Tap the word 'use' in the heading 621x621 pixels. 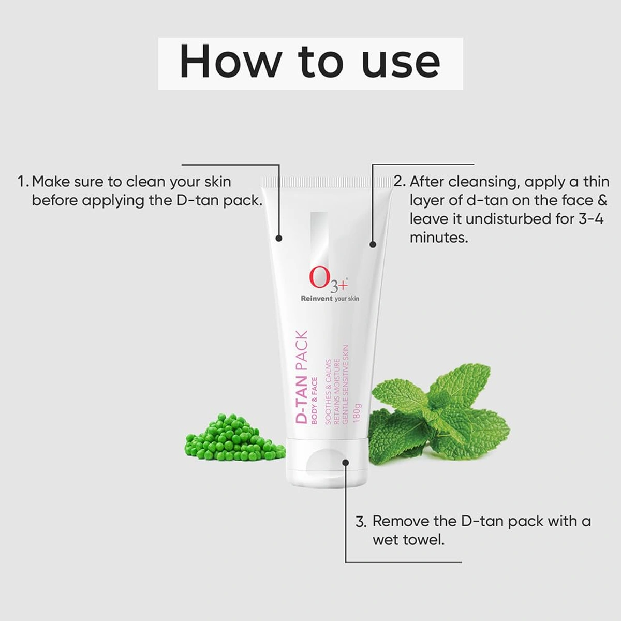tap(401, 63)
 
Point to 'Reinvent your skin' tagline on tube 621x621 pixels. tap(330, 299)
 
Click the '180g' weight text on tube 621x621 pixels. tap(357, 412)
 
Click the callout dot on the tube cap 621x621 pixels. tap(346, 463)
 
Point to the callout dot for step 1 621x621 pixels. tap(279, 239)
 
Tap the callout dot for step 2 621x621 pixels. tap(373, 244)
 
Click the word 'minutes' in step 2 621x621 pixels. tap(438, 238)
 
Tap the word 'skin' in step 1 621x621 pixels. tap(217, 182)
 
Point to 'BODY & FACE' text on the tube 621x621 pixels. tap(315, 401)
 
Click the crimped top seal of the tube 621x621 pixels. tap(327, 181)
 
